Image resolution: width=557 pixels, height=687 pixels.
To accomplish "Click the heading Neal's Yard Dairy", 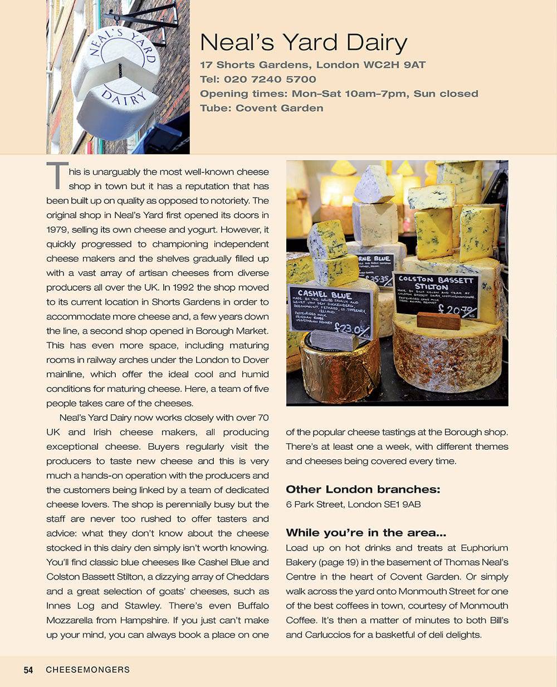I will click(304, 43).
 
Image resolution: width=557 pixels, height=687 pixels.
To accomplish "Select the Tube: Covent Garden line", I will click(261, 108).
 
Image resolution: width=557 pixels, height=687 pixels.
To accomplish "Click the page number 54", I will click(28, 670).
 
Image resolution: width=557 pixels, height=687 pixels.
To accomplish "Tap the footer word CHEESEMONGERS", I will click(87, 670).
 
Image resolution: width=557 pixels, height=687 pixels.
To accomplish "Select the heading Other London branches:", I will click(363, 489).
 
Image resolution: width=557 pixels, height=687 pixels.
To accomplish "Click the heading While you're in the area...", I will click(366, 533).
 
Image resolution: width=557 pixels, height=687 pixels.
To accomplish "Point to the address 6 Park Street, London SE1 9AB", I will click(353, 504).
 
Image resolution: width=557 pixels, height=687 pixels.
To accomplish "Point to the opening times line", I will click(339, 94).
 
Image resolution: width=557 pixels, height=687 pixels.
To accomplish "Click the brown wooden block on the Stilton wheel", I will click(438, 321).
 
